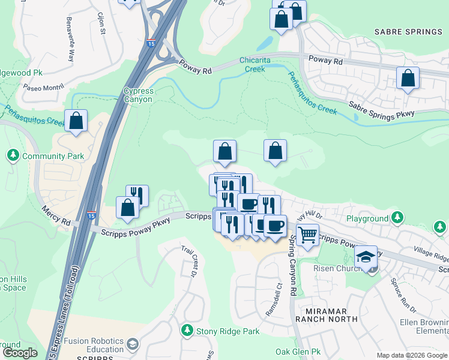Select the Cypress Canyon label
138,95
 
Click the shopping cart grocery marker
307,236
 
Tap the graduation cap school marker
365,257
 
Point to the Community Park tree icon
13,156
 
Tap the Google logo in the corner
20,353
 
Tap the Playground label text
367,219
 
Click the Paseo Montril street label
43,87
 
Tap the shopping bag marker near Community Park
76,121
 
